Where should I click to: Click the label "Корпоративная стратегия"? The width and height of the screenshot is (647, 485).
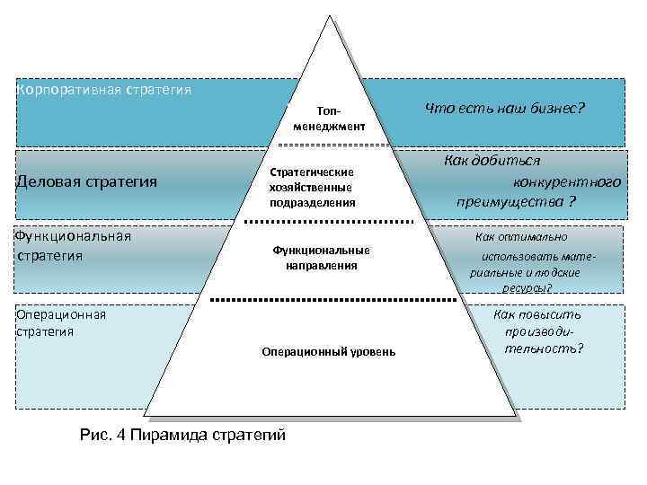(x=104, y=90)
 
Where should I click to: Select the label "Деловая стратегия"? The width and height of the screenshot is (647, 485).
(x=87, y=182)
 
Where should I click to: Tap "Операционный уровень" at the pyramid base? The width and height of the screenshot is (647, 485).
(x=328, y=351)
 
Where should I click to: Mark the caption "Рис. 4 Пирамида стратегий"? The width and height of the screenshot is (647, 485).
(x=182, y=435)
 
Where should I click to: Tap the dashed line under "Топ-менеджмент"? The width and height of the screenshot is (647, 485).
(x=330, y=145)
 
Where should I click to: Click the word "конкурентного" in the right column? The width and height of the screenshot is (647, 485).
(x=566, y=181)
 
